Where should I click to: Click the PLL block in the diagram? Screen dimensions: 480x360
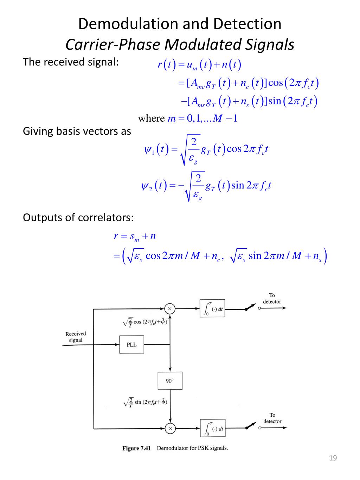tap(131, 345)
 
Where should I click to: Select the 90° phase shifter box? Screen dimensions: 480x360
tap(170, 381)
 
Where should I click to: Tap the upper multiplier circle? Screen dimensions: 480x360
tap(170, 309)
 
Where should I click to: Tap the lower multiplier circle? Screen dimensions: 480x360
tap(170, 428)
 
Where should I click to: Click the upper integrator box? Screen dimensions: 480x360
tap(212, 309)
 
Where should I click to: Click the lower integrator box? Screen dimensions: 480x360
tap(213, 428)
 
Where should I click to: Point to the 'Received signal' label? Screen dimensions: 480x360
tap(76, 337)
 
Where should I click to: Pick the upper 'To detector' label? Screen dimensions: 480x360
tap(272, 298)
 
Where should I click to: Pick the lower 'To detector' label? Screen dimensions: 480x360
tap(272, 418)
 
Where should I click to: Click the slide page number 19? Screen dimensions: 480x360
tap(333, 458)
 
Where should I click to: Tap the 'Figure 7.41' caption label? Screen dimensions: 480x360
tap(136, 448)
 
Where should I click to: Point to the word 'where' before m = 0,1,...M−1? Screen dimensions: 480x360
tap(151, 118)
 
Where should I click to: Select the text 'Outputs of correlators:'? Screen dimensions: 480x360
tap(78, 217)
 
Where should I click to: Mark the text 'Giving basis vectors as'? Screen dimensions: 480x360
tap(77, 131)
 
